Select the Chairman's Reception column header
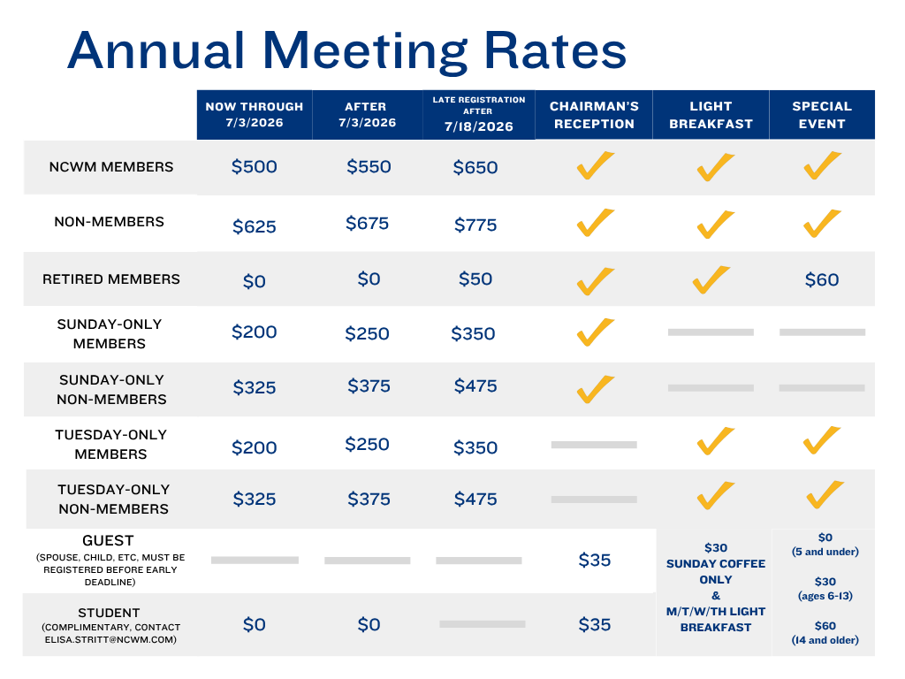pos(594,115)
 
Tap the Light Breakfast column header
pos(711,115)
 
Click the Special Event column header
pos(822,115)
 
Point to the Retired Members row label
pos(111,279)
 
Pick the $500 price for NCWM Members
pos(255,167)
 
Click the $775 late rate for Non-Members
pos(475,225)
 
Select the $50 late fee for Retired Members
pos(475,279)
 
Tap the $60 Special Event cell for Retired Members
pos(822,280)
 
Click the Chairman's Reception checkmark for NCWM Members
pos(595,166)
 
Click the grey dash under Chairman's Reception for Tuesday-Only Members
pos(594,445)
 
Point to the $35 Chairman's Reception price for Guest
pos(595,560)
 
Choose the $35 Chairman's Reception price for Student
pos(595,625)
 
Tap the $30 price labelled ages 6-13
pos(825,581)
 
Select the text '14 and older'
pos(825,640)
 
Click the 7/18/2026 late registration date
pos(479,126)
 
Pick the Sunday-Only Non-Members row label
pos(112,389)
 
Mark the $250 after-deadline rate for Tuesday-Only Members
pos(368,445)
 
